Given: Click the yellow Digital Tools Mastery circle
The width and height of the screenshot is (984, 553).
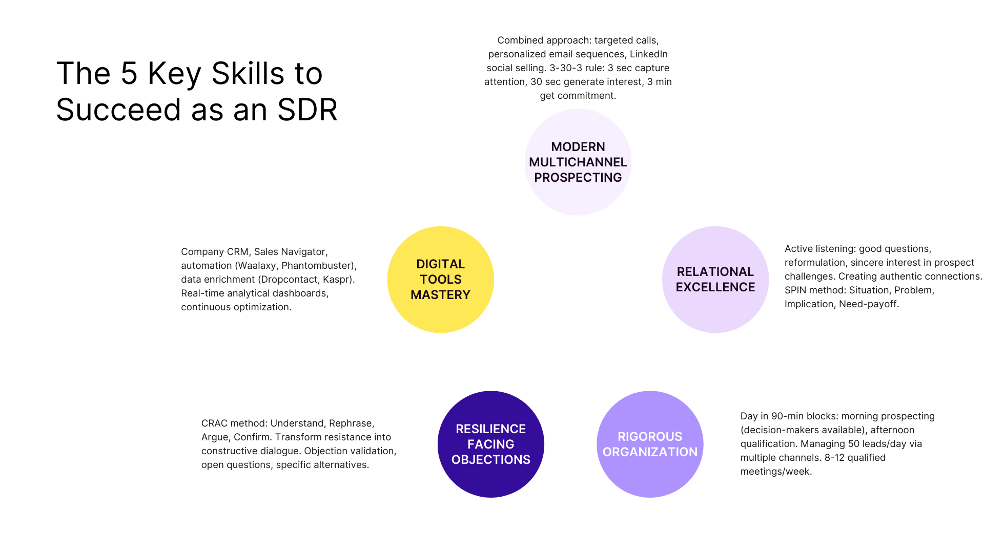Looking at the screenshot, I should pyautogui.click(x=440, y=280).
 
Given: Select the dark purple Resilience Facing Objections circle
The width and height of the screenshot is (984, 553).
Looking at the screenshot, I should pyautogui.click(x=490, y=444).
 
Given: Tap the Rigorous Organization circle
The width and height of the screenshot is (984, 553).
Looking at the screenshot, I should pyautogui.click(x=650, y=444).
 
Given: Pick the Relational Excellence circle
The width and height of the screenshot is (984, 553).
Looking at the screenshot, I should pyautogui.click(x=715, y=280).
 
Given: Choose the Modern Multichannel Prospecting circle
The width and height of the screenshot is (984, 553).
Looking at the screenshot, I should pyautogui.click(x=578, y=162).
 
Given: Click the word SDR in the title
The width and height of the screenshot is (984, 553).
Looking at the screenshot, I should pyautogui.click(x=307, y=110).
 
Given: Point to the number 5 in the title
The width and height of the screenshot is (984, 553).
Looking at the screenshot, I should pyautogui.click(x=129, y=73).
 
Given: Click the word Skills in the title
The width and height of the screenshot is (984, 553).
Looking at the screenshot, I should pyautogui.click(x=248, y=73).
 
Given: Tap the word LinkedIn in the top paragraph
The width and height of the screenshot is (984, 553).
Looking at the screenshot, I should pyautogui.click(x=648, y=54).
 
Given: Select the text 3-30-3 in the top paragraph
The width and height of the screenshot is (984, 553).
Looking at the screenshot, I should pyautogui.click(x=566, y=68).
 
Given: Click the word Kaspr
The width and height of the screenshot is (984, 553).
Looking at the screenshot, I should pyautogui.click(x=337, y=280).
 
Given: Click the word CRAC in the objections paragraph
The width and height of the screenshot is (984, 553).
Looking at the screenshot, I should pyautogui.click(x=214, y=423).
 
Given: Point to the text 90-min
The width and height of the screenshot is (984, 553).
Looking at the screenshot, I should pyautogui.click(x=789, y=416).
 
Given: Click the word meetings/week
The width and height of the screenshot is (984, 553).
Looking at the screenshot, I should pyautogui.click(x=775, y=472).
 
